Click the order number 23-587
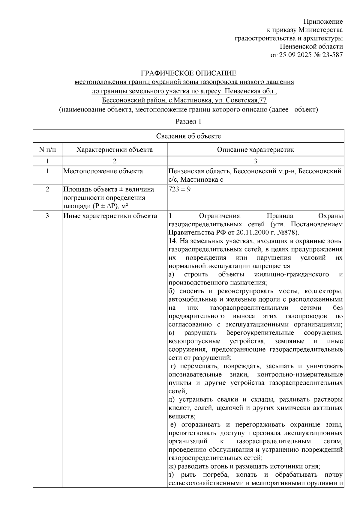click(332, 55)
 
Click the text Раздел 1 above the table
click(188, 121)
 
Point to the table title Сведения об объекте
click(188, 136)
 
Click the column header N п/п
click(47, 150)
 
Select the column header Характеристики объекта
click(114, 150)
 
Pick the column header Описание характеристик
click(255, 150)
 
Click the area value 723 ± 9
click(179, 189)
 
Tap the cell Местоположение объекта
click(103, 171)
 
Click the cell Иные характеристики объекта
click(110, 216)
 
